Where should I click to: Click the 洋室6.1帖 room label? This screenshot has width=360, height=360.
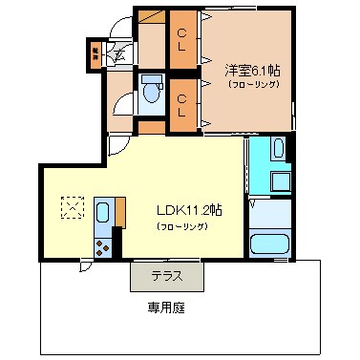[253, 70]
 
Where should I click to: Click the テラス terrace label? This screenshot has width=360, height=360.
[167, 276]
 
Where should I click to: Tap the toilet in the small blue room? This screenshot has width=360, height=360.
[151, 94]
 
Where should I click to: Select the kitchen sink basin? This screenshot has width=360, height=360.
[104, 212]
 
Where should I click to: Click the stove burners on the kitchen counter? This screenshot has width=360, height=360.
[102, 247]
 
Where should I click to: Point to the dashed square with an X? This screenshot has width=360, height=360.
[73, 207]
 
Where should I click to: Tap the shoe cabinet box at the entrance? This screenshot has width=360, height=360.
[96, 53]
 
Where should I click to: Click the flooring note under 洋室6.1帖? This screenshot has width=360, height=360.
[253, 85]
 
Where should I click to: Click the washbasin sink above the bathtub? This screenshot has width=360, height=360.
[277, 149]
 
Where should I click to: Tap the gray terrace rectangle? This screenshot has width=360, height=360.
[168, 276]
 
